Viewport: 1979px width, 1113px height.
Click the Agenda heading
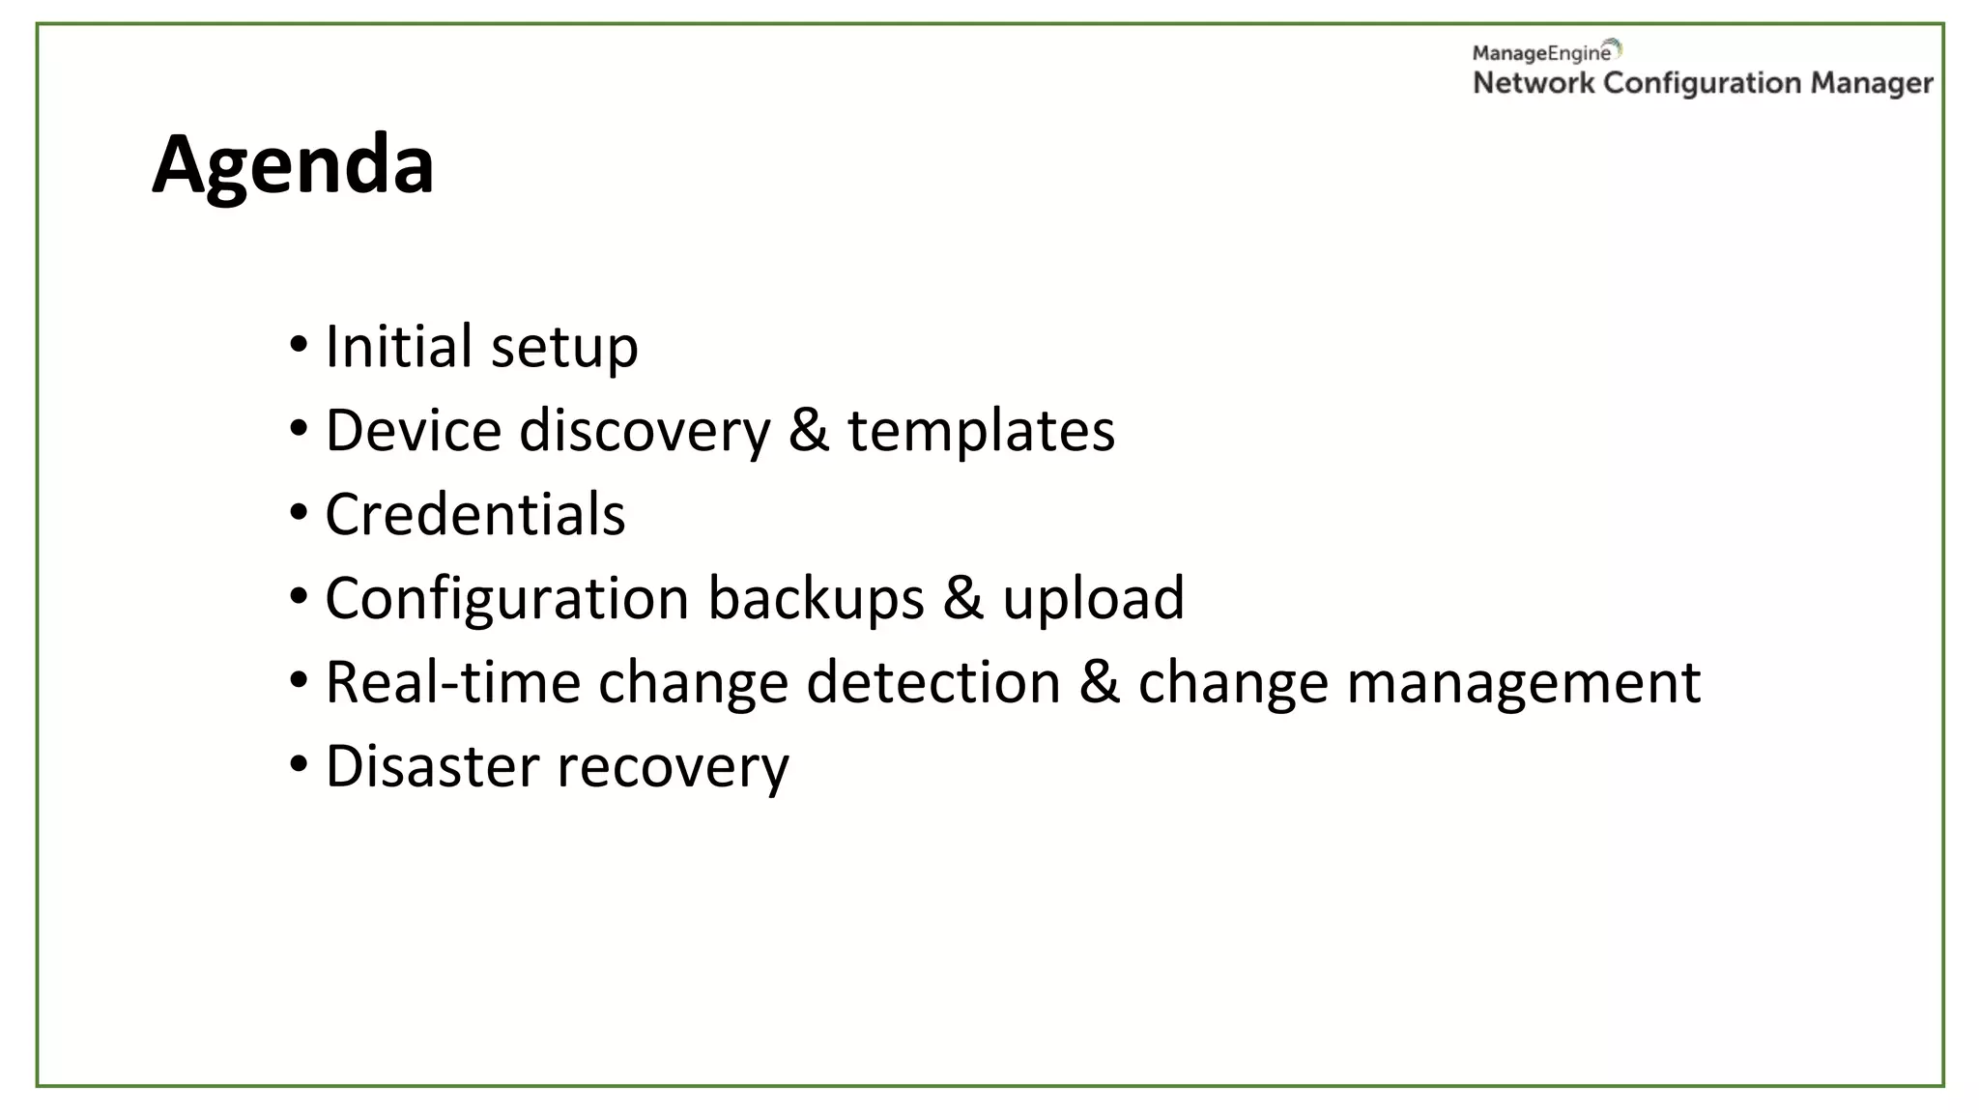(293, 165)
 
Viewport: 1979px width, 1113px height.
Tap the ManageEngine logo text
(1542, 53)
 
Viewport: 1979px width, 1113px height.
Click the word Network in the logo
(1534, 83)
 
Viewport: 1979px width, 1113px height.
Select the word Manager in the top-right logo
(1872, 84)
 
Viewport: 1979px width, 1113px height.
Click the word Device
(414, 430)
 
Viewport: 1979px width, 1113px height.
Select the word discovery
(645, 432)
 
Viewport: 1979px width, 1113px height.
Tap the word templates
(981, 432)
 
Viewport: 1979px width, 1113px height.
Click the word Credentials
(475, 514)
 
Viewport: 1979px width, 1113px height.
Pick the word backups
(817, 599)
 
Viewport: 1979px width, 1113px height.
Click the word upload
(1093, 599)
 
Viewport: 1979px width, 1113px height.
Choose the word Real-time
(452, 682)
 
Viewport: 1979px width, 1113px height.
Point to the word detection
(933, 682)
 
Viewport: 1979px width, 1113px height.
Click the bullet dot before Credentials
(299, 512)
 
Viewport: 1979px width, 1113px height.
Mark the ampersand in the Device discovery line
(809, 431)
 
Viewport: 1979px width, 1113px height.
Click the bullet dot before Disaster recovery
(299, 764)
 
